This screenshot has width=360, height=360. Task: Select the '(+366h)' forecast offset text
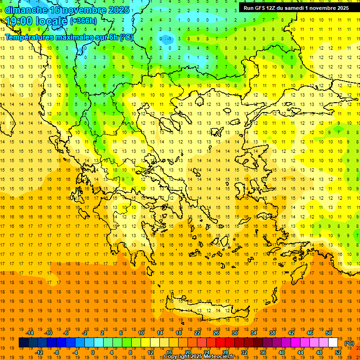83,21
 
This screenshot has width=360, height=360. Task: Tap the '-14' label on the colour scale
30,333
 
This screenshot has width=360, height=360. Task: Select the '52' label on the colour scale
338,352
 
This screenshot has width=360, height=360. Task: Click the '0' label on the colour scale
93,352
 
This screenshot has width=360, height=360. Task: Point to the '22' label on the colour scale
197,333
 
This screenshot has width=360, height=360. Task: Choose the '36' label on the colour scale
263,352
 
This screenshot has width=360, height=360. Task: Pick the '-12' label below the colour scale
39,352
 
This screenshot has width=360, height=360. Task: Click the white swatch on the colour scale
333,343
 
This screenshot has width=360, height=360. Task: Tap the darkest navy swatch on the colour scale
23,343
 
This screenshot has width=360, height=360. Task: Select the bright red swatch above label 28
220,343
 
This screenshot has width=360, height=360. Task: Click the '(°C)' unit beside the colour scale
349,344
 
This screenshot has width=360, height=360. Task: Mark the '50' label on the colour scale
329,333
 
